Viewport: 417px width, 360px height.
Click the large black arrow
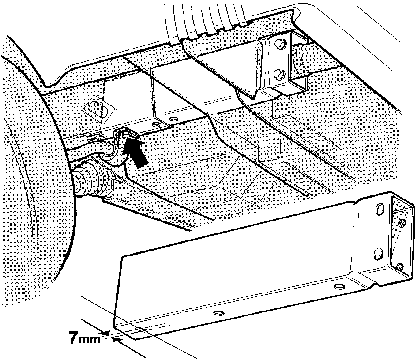[137, 154]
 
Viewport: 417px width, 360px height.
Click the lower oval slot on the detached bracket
[379, 253]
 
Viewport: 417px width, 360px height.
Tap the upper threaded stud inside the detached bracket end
[402, 222]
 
